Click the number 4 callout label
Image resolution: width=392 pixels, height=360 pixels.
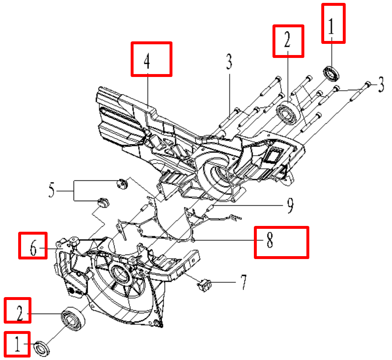[x=147, y=61]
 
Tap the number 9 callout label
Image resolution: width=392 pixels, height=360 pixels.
[x=290, y=205]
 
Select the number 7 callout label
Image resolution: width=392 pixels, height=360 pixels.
[x=244, y=282]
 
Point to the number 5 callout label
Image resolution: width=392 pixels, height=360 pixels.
[x=52, y=190]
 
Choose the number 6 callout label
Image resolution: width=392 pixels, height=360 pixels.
[x=33, y=248]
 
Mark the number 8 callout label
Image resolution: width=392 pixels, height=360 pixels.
[x=270, y=240]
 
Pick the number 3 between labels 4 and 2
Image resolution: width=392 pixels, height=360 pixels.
[x=229, y=62]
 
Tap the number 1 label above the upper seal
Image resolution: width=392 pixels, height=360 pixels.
[x=331, y=26]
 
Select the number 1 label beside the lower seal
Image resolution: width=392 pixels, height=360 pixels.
[x=17, y=344]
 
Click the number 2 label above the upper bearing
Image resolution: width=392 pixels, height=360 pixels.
[x=287, y=40]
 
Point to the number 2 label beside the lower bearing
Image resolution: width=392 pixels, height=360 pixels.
[x=20, y=312]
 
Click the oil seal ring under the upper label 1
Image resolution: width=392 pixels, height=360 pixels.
[x=332, y=74]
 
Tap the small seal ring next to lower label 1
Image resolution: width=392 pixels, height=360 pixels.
[x=42, y=348]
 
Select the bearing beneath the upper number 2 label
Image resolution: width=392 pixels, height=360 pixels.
[x=289, y=113]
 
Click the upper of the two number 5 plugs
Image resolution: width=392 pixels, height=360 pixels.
[x=122, y=184]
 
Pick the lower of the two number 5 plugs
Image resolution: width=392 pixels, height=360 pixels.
[x=103, y=203]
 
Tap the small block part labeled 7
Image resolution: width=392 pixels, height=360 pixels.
[x=205, y=285]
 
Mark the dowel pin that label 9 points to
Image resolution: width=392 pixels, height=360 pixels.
[x=210, y=208]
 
